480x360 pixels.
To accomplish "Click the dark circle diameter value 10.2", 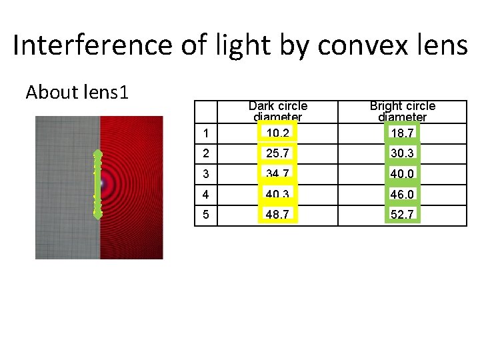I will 277,133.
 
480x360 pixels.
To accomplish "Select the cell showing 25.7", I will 277,154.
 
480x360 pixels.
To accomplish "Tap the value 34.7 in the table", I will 277,175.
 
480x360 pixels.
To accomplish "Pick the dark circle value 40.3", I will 277,195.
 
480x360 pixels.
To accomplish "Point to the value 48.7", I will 277,216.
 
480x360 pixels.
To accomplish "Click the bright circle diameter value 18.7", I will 402,133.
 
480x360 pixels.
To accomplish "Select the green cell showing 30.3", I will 402,154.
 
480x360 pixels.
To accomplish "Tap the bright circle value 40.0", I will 402,175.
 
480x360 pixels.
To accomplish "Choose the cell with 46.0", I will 402,195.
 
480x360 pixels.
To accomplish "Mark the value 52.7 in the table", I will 402,216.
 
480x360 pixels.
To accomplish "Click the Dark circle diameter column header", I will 277,111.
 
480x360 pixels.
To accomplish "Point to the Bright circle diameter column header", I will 402,111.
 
